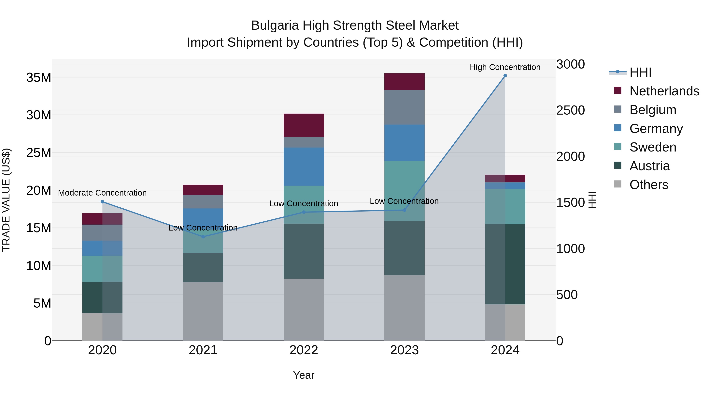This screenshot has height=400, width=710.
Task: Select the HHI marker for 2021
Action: click(x=203, y=237)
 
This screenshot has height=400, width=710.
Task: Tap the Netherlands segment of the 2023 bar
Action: click(x=404, y=82)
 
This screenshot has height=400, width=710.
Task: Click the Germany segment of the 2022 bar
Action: click(x=304, y=167)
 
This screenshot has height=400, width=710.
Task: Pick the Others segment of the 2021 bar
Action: click(x=203, y=311)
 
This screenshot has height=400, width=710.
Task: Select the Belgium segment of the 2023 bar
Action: click(x=404, y=107)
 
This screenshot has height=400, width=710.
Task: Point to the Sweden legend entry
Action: click(x=653, y=147)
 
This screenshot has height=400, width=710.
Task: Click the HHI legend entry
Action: click(x=640, y=72)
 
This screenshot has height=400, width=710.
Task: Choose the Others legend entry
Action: click(x=648, y=185)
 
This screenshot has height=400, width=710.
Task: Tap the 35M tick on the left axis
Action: click(x=39, y=78)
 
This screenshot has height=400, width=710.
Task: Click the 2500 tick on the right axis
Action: click(x=570, y=110)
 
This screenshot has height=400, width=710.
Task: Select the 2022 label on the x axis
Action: click(x=304, y=350)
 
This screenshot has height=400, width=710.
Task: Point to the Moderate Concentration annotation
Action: click(x=102, y=193)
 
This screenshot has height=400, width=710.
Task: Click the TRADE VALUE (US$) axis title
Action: click(x=6, y=200)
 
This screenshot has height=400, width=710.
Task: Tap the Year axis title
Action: click(x=304, y=375)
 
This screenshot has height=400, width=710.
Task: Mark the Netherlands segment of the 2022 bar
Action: click(x=304, y=125)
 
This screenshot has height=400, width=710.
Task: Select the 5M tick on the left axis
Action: click(x=42, y=303)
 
